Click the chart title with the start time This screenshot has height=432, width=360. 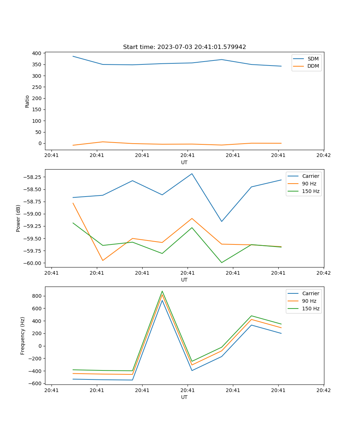coord(184,47)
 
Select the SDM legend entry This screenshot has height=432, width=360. coord(313,59)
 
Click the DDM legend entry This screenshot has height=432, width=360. coord(313,66)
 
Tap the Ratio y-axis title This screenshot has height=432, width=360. coord(27,101)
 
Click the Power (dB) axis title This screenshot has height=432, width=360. coord(18,218)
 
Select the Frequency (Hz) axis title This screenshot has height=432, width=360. coord(23,336)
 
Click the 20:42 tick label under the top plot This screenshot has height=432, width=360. coord(323,156)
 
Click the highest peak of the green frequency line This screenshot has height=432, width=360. coord(162,291)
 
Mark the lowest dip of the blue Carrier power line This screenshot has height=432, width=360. coord(221,221)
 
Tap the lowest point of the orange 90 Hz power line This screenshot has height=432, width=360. coord(103,260)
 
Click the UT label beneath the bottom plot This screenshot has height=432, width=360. coord(184,397)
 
